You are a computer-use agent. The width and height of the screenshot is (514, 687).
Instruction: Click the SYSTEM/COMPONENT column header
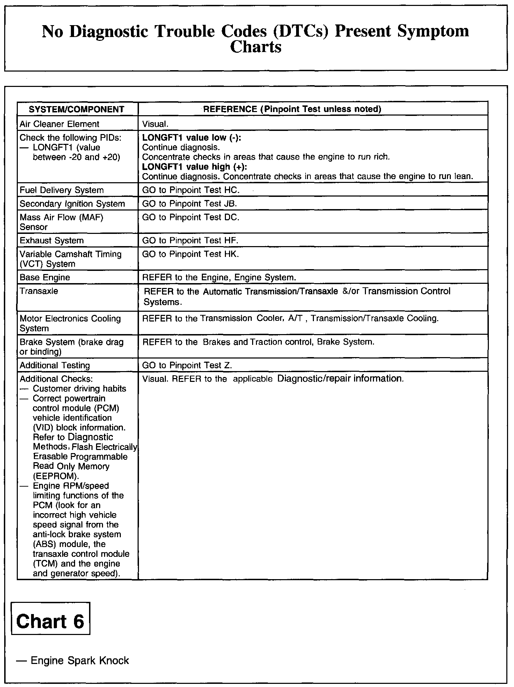[76, 109]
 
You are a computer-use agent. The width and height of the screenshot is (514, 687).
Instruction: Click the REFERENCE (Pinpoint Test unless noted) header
[292, 109]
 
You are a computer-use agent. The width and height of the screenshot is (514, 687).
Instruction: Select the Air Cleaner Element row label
[59, 124]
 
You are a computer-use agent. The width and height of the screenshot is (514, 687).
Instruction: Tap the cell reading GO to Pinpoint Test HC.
[191, 190]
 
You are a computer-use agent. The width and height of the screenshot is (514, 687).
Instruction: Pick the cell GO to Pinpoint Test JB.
[190, 204]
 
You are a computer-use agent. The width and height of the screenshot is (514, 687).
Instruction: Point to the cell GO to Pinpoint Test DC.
[191, 217]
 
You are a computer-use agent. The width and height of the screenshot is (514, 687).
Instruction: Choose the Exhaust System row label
[52, 241]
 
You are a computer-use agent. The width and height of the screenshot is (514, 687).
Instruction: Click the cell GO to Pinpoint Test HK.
[191, 254]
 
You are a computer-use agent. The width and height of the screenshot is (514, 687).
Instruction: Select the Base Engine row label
[45, 278]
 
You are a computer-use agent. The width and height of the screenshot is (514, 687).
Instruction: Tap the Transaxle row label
[39, 291]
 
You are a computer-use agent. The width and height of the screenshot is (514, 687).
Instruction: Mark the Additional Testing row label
[55, 365]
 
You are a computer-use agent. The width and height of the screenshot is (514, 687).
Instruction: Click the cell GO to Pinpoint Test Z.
[187, 365]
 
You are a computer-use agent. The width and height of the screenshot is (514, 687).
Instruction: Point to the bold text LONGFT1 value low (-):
[192, 138]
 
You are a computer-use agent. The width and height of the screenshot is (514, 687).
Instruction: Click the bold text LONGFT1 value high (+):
[194, 167]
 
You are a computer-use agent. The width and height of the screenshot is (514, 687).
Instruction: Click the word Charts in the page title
[256, 47]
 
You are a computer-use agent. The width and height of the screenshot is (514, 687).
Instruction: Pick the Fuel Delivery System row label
[62, 190]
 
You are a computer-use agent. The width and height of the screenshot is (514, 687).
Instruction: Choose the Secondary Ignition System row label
[72, 204]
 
